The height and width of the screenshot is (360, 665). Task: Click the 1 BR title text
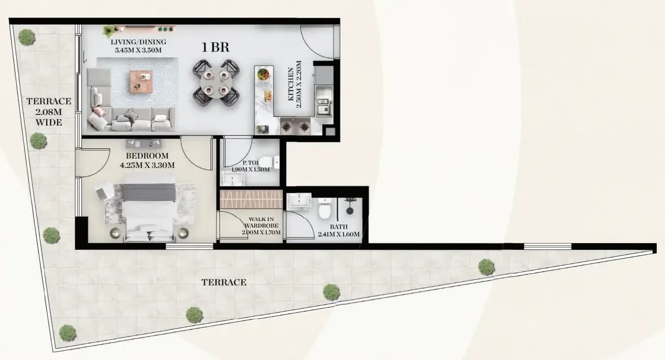pos(216,48)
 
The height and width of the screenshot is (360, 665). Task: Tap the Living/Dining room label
pos(138,42)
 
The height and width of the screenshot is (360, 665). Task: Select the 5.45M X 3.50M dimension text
pos(138,50)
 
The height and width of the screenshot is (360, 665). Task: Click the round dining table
pos(216,83)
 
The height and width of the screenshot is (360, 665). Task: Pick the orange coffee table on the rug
pos(141,82)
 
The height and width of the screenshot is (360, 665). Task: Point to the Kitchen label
pos(291,84)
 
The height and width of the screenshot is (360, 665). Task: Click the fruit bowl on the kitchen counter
pos(263,74)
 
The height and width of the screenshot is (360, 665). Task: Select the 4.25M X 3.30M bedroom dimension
pos(147,165)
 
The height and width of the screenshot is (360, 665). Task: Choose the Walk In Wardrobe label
pos(261,223)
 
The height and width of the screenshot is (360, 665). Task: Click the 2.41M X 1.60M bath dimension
pos(338,234)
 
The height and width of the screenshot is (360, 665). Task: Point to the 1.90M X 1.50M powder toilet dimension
pos(251,170)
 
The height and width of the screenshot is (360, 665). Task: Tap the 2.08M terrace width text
pos(48,112)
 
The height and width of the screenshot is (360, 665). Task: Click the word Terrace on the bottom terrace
pos(224,282)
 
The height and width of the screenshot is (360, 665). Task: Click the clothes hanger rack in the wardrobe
pos(251,199)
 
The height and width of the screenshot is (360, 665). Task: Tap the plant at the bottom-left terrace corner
pos(68,333)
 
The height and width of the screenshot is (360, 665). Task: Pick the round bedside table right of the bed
pos(183,233)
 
